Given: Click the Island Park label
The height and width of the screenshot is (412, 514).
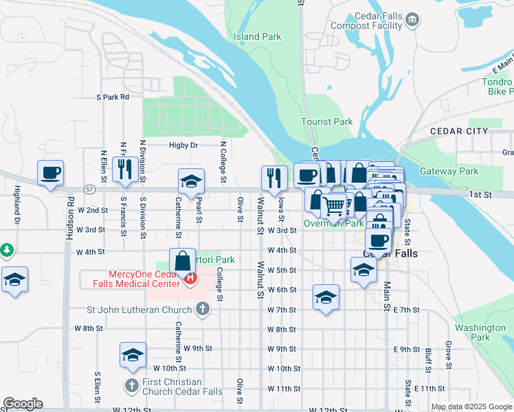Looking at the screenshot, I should pos(256,36).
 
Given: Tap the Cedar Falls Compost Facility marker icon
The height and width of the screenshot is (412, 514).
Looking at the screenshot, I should pos(412,19).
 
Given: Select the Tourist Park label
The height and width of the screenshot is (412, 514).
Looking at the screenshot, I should pos(326,122).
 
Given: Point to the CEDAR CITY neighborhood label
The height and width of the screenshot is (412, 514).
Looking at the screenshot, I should pos(458,131).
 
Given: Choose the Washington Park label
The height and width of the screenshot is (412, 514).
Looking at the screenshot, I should pos(480,332).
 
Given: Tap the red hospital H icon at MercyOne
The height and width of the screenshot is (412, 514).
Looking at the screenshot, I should pos(190,279).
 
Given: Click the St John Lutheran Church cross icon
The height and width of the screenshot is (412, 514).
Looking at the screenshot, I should pos(202,310).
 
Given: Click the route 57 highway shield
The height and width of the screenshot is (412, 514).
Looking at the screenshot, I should pos(89,188).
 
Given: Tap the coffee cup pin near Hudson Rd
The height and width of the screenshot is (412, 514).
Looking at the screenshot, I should pos(50,174).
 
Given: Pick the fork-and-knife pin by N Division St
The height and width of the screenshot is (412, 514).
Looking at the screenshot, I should pos(124,170).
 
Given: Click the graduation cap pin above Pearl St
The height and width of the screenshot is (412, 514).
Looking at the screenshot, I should pos(192,181).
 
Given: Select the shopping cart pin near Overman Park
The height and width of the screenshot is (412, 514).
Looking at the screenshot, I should pos(334,205).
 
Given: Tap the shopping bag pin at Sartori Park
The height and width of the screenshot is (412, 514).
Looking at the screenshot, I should pos(182,262).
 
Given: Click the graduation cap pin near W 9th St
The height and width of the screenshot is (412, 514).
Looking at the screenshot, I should pos(133,355).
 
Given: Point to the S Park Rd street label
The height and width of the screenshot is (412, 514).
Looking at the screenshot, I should pos(113,98).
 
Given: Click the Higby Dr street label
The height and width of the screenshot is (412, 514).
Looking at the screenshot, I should pos(183,146).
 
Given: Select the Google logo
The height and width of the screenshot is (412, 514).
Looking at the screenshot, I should pos(23,404).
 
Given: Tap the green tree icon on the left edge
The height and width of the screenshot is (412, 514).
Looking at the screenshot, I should pos(6,249).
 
